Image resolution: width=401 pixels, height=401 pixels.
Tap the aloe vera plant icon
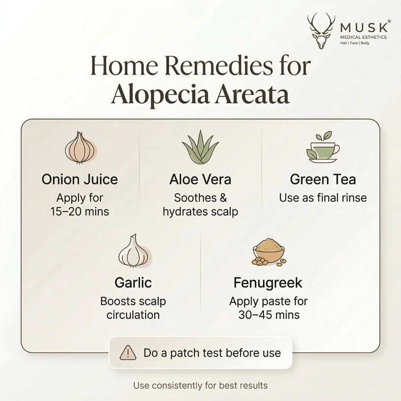(200, 148)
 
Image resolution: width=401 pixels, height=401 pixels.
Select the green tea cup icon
(323, 147)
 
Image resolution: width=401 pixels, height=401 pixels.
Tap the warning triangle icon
(128, 352)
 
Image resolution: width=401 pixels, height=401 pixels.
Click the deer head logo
(321, 30)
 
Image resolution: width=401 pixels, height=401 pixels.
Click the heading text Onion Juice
(80, 179)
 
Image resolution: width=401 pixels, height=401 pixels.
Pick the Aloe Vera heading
(200, 179)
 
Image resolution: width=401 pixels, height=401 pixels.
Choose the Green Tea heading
(323, 179)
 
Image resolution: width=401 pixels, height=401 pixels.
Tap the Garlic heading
(133, 283)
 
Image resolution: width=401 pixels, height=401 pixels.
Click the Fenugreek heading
(268, 283)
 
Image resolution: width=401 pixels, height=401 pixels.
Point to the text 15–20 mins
(80, 212)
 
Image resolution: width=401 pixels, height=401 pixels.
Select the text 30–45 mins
(268, 315)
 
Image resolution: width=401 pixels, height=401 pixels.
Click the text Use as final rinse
(323, 198)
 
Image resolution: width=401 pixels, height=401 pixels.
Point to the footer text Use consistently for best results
(200, 385)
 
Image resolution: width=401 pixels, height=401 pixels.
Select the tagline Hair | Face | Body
(355, 43)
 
